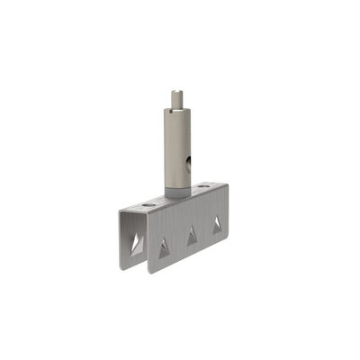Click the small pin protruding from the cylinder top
pyautogui.click(x=176, y=96)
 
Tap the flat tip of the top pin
pyautogui.click(x=176, y=89)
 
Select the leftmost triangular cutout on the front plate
pyautogui.click(x=164, y=248)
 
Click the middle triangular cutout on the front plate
pyautogui.click(x=191, y=237)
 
